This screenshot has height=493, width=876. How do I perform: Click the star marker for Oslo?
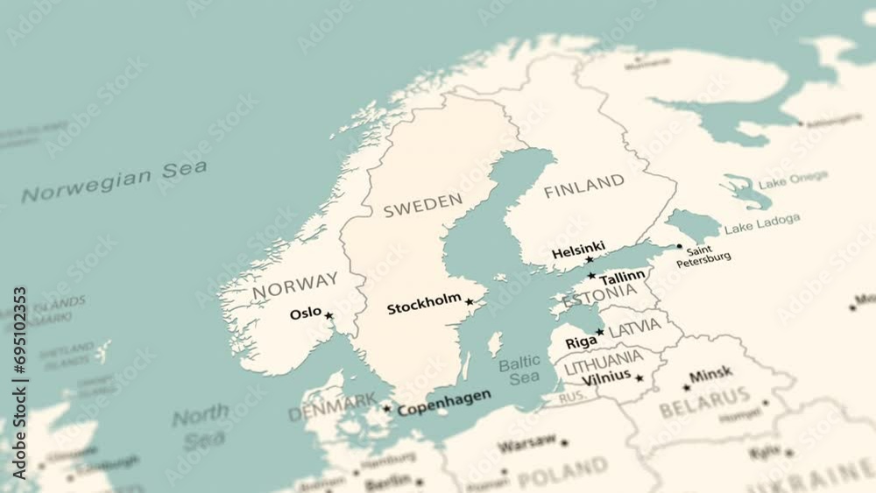click(x=329, y=315)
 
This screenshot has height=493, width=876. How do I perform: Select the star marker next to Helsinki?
click(x=589, y=260)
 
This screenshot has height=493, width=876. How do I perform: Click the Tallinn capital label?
click(x=622, y=277)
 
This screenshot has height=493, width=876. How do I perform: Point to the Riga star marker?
click(x=600, y=332)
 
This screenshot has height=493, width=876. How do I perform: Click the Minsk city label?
click(x=710, y=375)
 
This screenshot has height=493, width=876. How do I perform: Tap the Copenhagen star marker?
click(x=386, y=408)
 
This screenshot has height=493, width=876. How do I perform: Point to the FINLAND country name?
click(x=584, y=186)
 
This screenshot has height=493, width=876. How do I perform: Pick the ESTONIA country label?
click(x=600, y=295)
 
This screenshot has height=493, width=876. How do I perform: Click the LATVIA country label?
click(x=635, y=328)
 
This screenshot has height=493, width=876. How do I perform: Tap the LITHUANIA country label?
click(x=603, y=360)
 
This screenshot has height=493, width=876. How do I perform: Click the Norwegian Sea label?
click(x=115, y=180)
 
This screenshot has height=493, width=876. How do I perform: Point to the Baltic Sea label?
click(x=520, y=370)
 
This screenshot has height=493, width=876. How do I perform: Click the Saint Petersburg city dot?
click(x=679, y=247)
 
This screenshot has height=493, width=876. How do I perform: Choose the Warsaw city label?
click(x=526, y=443)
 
